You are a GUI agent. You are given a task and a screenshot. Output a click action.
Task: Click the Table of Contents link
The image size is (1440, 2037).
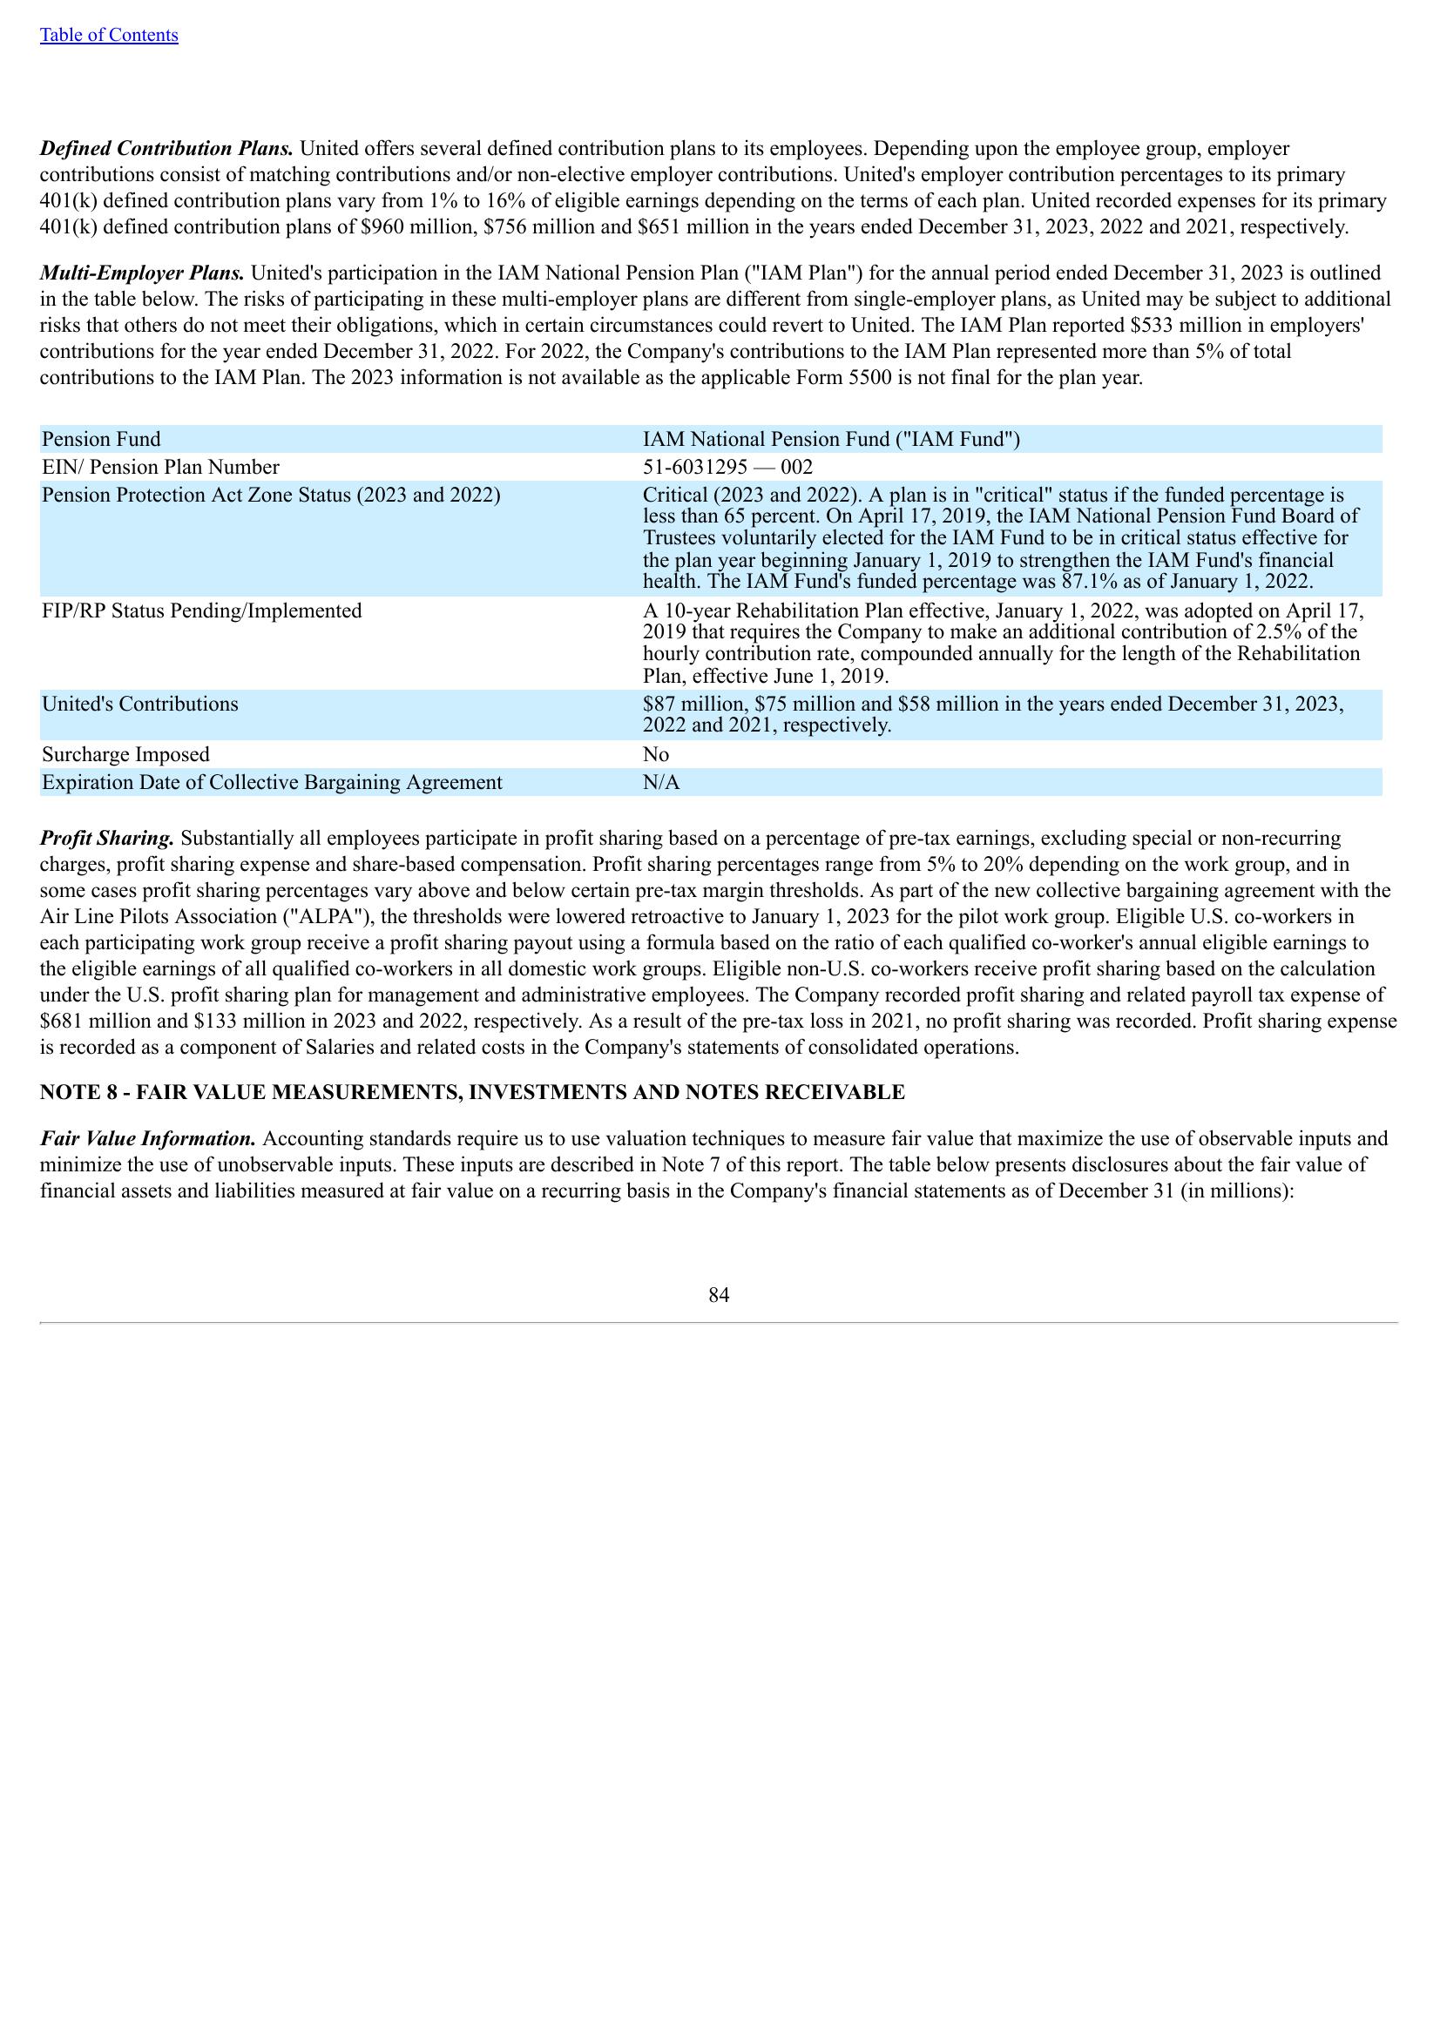(108, 35)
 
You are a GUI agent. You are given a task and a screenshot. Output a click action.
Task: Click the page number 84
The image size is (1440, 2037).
(719, 1295)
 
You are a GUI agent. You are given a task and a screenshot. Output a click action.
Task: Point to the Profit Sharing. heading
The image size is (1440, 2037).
(106, 838)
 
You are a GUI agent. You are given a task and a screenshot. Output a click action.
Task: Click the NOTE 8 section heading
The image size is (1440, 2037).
(472, 1092)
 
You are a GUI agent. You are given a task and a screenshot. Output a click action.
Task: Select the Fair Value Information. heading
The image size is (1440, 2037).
(148, 1137)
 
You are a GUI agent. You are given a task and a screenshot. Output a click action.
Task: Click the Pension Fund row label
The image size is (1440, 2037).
(102, 439)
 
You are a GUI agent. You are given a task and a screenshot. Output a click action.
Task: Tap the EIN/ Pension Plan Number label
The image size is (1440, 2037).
(160, 467)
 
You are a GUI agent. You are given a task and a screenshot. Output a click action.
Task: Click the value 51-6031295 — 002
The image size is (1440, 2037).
(727, 467)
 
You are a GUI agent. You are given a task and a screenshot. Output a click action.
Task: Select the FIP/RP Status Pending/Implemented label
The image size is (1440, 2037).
(202, 610)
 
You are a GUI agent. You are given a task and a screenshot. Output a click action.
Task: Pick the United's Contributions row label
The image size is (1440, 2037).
(140, 704)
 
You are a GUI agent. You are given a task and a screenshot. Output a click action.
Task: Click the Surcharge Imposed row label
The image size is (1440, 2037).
(126, 754)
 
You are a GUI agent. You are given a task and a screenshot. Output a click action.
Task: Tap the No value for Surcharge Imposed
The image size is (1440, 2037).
(656, 754)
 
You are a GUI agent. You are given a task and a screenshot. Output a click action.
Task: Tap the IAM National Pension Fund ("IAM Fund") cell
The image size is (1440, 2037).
(831, 439)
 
